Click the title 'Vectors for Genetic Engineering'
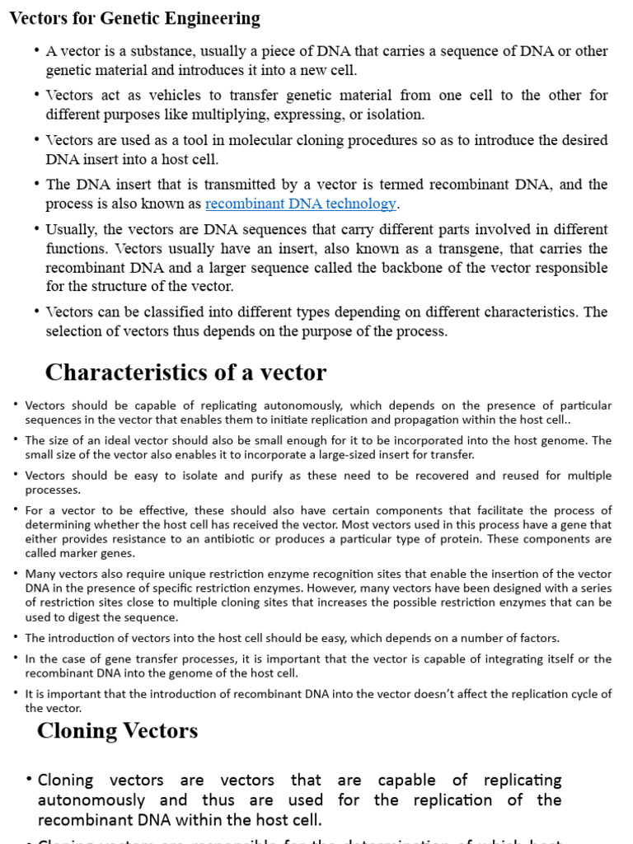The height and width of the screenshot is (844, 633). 134,18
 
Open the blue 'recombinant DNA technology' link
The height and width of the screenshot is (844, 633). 301,204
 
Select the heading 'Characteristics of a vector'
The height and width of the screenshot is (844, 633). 185,373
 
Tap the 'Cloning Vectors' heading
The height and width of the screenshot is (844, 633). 117,730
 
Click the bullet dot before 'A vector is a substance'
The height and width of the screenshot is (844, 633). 37,51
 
